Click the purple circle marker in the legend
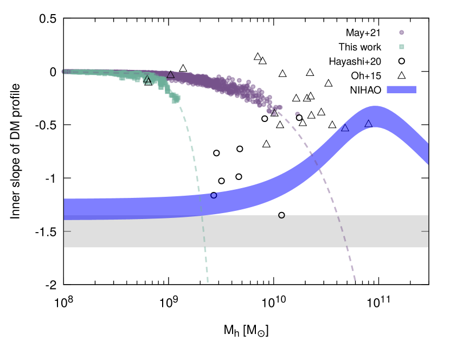coord(402,33)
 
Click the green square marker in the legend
coord(402,47)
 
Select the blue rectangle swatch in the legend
coord(401,89)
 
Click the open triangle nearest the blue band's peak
coord(369,124)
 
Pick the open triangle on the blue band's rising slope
coord(345,127)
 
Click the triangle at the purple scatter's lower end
coord(274,112)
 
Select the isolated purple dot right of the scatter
coord(298,114)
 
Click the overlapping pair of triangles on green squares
coord(147,80)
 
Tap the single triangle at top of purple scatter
coord(171,74)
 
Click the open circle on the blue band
coord(214,195)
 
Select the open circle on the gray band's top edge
coord(281,215)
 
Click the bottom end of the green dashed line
coord(208,282)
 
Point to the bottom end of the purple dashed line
coord(355,280)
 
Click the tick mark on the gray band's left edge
coord(67,232)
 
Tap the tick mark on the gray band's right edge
coord(425,232)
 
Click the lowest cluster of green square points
coord(175,99)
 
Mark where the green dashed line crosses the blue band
coord(201,204)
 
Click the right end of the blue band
coord(428,153)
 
